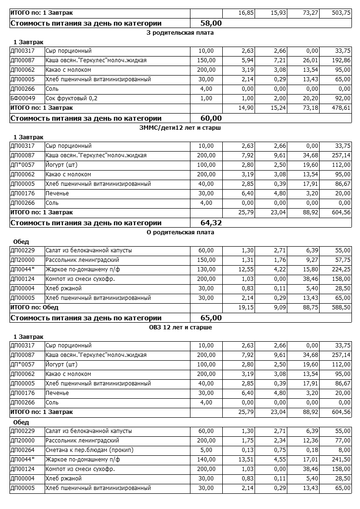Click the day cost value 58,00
tap(211, 23)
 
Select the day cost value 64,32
tap(211, 222)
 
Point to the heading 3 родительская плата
tap(180, 33)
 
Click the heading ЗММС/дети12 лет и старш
tap(180, 128)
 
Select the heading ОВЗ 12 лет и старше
tap(180, 327)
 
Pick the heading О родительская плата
tap(180, 232)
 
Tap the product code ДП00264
tap(22, 450)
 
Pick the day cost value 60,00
tap(211, 118)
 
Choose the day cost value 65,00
tap(211, 317)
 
